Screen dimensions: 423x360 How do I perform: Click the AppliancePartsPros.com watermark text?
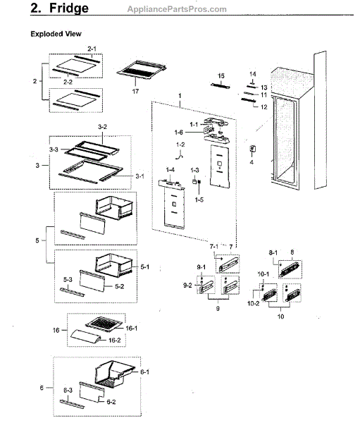[x=175, y=9]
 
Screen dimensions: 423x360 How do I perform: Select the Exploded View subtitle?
[x=55, y=33]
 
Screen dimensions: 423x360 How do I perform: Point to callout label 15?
[x=221, y=75]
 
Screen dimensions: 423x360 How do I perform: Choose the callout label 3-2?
[x=101, y=127]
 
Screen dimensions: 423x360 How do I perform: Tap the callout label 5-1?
[x=144, y=267]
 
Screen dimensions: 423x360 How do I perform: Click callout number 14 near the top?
[x=252, y=73]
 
